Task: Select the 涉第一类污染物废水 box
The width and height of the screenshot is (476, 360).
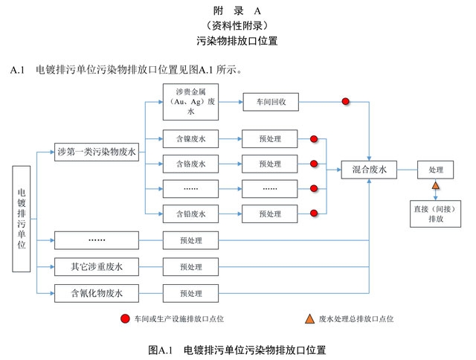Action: pyautogui.click(x=97, y=152)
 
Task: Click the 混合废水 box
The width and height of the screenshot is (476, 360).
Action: pyautogui.click(x=370, y=170)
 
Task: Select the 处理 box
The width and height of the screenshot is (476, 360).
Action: pyautogui.click(x=436, y=170)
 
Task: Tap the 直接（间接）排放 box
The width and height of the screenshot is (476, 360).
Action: pyautogui.click(x=436, y=214)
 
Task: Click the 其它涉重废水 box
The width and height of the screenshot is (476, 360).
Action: pyautogui.click(x=97, y=266)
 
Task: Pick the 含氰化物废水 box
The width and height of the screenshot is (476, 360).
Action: pyautogui.click(x=97, y=293)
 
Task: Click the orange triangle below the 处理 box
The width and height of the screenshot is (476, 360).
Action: pyautogui.click(x=436, y=186)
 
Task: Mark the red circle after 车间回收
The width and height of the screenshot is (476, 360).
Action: pyautogui.click(x=345, y=102)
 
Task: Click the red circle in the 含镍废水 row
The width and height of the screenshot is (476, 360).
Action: pyautogui.click(x=314, y=138)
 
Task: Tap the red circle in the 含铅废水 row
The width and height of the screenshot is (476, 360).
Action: pyautogui.click(x=314, y=214)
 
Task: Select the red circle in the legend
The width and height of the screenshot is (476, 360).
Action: pyautogui.click(x=124, y=319)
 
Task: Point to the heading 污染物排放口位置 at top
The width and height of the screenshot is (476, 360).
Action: pyautogui.click(x=237, y=42)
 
